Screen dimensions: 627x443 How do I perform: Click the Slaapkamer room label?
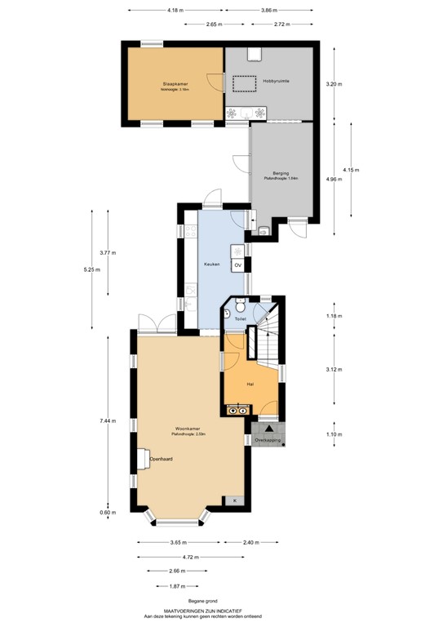tap(175, 83)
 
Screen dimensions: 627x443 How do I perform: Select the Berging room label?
tap(281, 173)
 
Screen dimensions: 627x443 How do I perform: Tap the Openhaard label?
tap(161, 459)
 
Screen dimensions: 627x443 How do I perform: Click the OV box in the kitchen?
tap(238, 266)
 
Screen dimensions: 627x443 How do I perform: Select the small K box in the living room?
tap(236, 500)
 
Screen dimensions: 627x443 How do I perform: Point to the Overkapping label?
tap(268, 440)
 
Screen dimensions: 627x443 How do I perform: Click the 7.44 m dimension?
tap(107, 420)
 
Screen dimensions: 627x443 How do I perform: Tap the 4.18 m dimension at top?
tap(175, 11)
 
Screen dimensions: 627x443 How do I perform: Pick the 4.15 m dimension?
tap(350, 170)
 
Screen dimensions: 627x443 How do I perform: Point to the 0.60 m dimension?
tap(106, 512)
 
